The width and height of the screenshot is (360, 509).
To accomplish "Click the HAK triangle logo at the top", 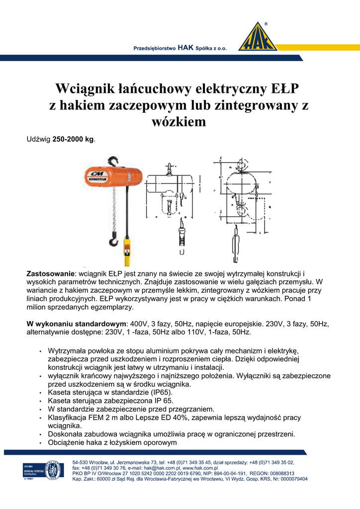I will (x=258, y=38).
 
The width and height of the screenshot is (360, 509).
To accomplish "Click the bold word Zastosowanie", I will (x=50, y=274).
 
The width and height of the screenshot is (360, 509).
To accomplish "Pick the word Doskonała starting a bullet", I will (x=66, y=434).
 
